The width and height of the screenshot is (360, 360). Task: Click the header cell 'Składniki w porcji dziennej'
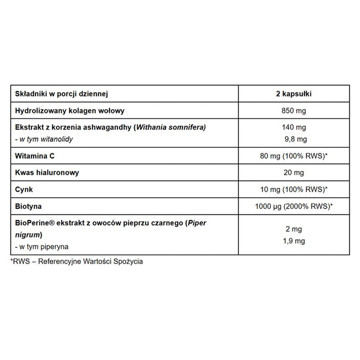coord(61,94)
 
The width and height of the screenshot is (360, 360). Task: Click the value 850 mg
coord(294,111)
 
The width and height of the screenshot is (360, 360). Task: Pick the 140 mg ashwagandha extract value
coord(294,128)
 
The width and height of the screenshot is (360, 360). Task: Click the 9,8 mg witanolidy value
coord(294,139)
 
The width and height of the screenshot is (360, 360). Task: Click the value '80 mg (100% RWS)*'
coord(294,156)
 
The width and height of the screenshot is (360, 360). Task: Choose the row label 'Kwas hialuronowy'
coord(48,172)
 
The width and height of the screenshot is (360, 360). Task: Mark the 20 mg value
coord(294,172)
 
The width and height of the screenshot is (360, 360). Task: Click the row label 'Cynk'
coord(25,189)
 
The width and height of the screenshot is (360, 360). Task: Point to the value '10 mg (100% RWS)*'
coord(294,189)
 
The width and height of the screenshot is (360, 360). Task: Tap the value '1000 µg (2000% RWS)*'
coord(294,206)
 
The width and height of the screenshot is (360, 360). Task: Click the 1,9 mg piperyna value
coord(294,241)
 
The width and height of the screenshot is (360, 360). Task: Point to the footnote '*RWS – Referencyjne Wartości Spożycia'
coord(76,261)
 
